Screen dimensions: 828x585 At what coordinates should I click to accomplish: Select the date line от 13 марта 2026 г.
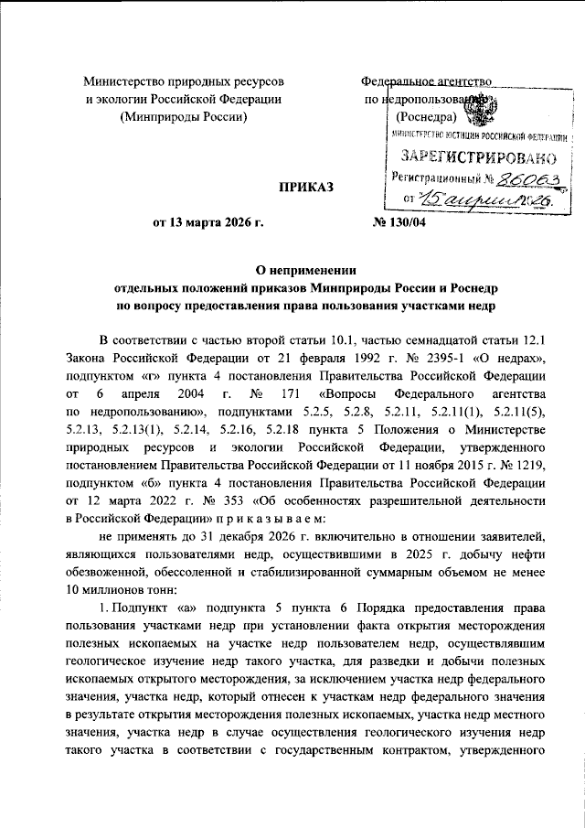coord(213,223)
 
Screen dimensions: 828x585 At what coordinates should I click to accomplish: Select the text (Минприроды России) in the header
coord(183,116)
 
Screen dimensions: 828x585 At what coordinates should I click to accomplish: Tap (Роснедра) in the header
coord(426,116)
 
